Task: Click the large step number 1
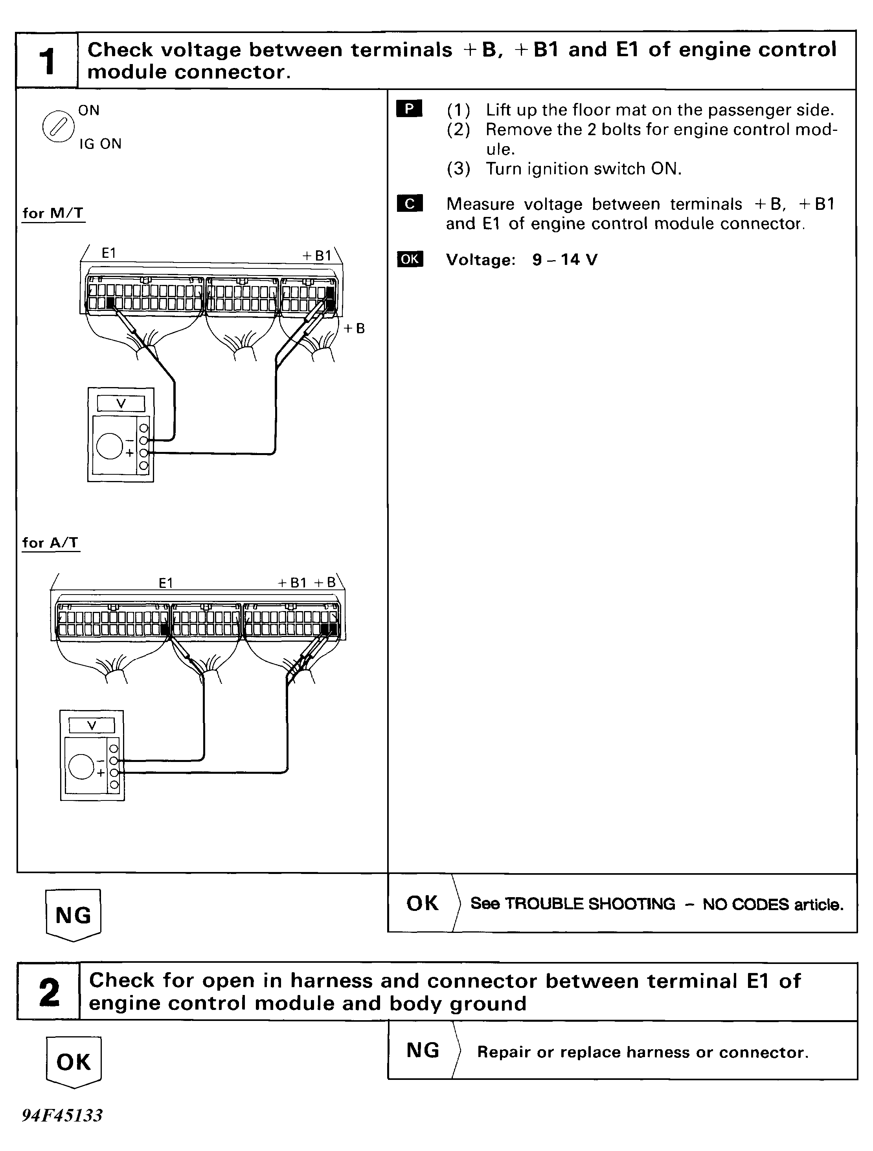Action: point(47,61)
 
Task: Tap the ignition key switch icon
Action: point(58,127)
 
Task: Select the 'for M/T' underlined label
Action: point(53,213)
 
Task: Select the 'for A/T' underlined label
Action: point(50,543)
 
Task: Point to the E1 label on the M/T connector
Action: point(109,253)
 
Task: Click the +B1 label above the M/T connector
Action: point(317,255)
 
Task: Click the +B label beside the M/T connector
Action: point(354,329)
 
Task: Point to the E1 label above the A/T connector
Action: point(165,583)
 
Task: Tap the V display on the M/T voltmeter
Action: point(121,403)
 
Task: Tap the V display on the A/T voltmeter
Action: point(92,726)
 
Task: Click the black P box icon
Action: point(409,109)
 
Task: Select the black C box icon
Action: point(409,204)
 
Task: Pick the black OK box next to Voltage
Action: point(410,259)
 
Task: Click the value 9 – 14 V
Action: point(564,260)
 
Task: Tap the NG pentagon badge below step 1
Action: point(74,915)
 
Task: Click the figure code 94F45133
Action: point(62,1115)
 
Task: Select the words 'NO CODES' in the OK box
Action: point(746,904)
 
